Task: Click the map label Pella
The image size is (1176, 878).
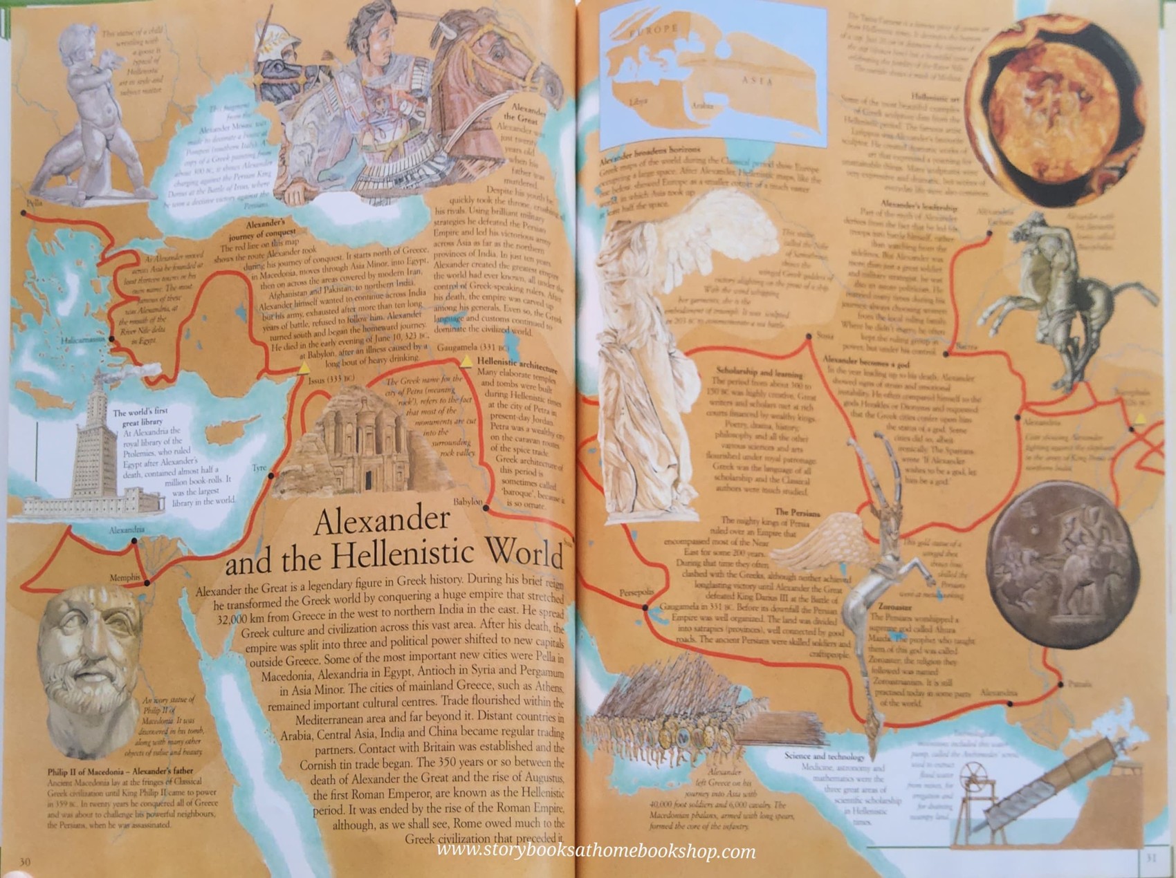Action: [x=33, y=203]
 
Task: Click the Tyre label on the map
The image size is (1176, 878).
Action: [x=259, y=468]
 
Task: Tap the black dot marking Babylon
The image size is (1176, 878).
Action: [x=486, y=508]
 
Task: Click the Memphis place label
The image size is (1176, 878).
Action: [x=125, y=577]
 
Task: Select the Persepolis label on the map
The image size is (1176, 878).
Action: [x=636, y=593]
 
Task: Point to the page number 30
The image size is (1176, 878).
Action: [x=24, y=862]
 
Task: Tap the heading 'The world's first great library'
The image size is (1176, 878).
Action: [x=140, y=417]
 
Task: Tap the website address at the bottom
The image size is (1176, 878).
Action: [x=596, y=852]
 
